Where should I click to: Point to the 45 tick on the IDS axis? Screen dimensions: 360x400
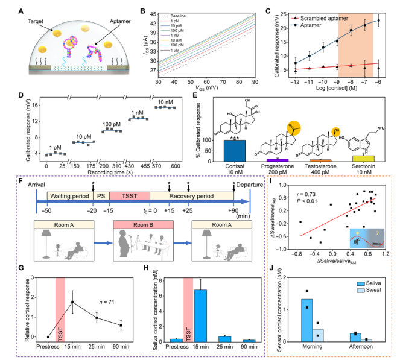[x=153, y=13]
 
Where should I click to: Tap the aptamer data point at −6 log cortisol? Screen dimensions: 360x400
[x=379, y=21]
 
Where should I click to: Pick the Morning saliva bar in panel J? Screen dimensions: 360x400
[x=306, y=320]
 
